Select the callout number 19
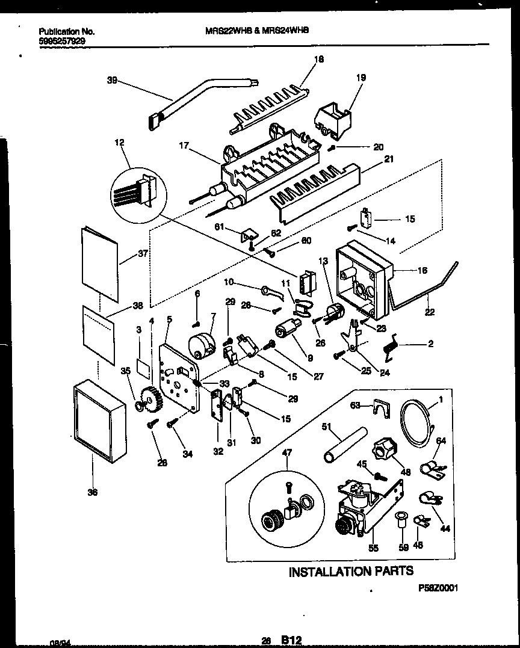pos(361,78)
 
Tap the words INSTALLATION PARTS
pos(351,571)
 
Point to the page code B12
pos(291,641)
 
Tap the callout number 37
pos(143,253)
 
